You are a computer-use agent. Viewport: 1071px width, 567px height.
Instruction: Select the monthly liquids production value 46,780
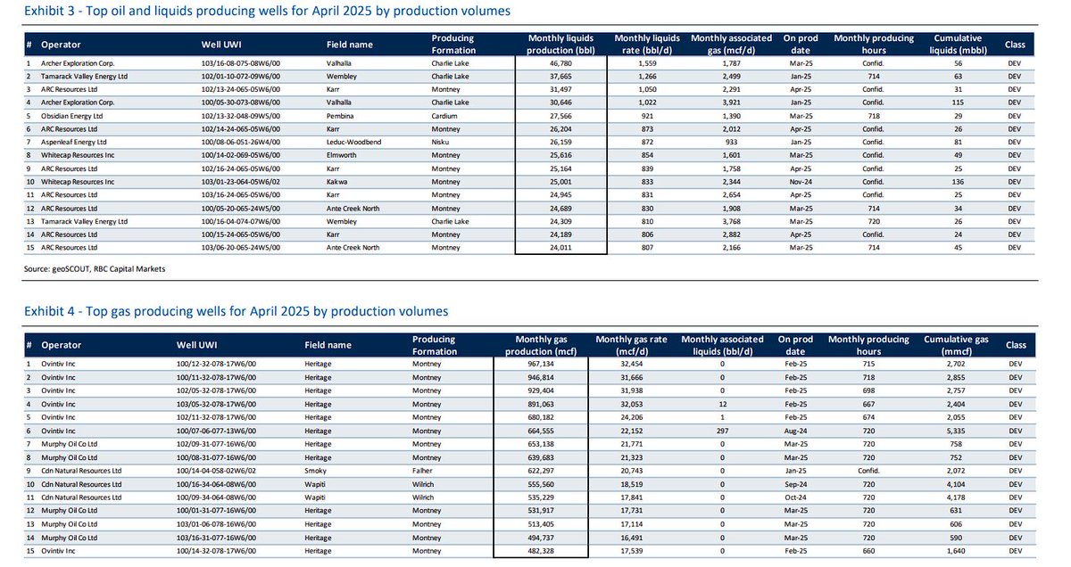[560, 64]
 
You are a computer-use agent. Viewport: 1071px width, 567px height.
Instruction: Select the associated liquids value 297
[722, 430]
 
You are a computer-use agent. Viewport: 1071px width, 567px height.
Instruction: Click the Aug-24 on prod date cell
[794, 430]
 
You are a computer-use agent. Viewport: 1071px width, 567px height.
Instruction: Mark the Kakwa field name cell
[340, 181]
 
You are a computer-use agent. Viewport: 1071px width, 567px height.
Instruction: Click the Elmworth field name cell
[345, 155]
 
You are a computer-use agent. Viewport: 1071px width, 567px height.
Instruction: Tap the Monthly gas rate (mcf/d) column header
[630, 345]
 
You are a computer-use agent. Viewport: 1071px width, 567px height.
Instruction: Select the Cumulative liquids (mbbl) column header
[958, 44]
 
